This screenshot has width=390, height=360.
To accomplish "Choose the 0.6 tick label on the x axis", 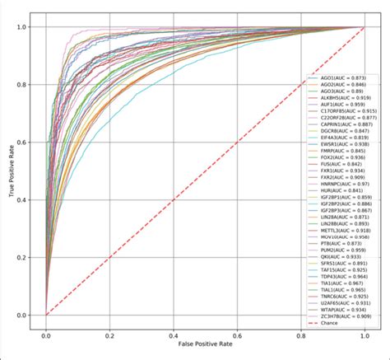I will click(x=237, y=337).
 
